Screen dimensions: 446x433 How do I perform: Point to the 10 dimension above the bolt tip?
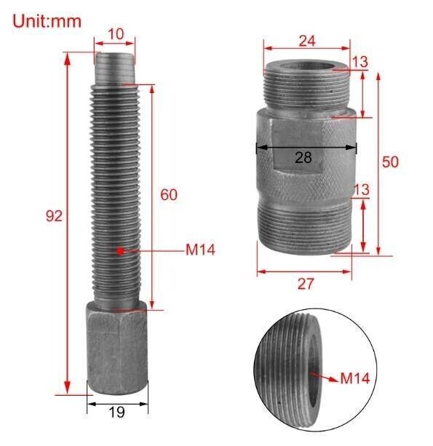click(x=114, y=34)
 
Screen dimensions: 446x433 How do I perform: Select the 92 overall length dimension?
click(x=53, y=215)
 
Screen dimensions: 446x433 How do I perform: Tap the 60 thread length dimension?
click(x=168, y=195)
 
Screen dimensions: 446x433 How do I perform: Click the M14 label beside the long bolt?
click(x=200, y=250)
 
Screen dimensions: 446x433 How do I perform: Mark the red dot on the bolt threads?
click(x=120, y=251)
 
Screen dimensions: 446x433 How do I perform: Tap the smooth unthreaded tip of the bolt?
click(x=114, y=69)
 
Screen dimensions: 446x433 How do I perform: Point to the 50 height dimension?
click(x=390, y=162)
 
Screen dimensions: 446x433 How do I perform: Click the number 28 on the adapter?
click(x=305, y=157)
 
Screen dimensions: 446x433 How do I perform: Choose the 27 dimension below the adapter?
click(x=305, y=284)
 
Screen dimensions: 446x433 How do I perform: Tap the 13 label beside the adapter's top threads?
click(x=360, y=63)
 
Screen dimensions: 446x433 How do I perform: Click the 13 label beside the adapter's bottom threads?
click(x=360, y=190)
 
